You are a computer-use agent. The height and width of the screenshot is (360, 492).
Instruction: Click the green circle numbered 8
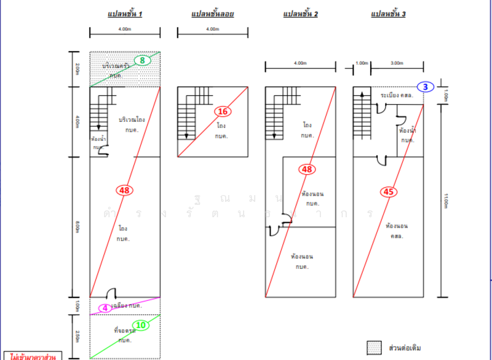click(142, 60)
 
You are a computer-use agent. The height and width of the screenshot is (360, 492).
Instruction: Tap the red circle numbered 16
click(223, 111)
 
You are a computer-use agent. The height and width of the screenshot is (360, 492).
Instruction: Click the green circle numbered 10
click(141, 324)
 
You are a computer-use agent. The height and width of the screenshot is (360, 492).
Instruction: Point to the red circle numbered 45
click(388, 192)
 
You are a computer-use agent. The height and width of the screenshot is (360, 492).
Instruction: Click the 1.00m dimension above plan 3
click(362, 63)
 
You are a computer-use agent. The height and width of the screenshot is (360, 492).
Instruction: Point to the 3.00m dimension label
click(397, 63)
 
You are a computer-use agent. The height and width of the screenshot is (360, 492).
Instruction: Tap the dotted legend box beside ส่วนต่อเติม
click(373, 347)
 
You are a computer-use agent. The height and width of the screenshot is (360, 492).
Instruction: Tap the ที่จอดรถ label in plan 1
click(124, 330)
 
